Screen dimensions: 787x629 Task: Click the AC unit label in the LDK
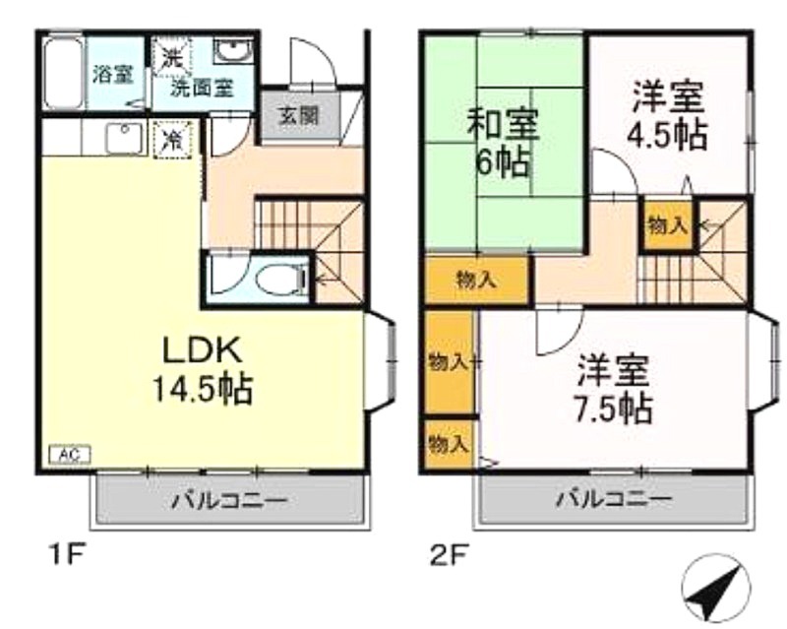coord(70,455)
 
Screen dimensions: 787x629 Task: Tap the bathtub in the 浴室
coord(63,72)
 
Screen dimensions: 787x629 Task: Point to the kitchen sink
coord(124,138)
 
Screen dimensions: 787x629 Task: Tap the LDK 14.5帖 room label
coord(202,370)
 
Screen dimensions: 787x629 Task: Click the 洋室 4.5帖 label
coord(668,116)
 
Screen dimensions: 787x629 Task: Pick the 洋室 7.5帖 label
coord(613,390)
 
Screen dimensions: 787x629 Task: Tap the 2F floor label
coord(450,555)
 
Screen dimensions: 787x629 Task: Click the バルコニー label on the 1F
coord(230,501)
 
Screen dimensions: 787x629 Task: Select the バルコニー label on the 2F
coord(613,499)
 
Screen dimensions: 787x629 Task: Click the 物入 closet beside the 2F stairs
coord(668,225)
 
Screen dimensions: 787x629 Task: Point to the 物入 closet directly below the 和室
coord(477,280)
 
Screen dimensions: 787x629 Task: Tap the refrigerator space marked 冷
coord(173,140)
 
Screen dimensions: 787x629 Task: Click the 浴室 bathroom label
coord(113,76)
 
